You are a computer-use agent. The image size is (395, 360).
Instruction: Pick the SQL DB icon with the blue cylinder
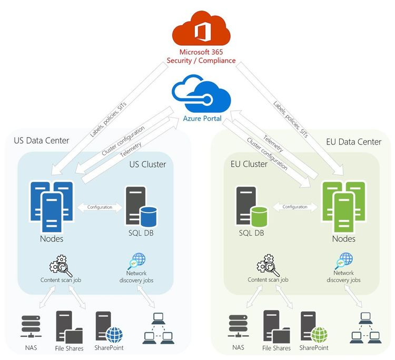tap(142, 207)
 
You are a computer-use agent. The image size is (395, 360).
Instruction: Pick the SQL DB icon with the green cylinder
tap(251, 207)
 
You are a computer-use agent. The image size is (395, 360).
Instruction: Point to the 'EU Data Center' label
tap(354, 141)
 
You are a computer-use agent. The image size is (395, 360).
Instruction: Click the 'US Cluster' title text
tap(147, 164)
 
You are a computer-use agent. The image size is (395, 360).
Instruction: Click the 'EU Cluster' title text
tap(249, 164)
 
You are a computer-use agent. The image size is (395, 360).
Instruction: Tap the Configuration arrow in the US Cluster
tap(100, 207)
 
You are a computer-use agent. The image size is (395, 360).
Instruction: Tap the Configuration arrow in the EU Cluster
tap(295, 207)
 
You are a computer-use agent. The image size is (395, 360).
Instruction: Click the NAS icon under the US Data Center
tap(32, 326)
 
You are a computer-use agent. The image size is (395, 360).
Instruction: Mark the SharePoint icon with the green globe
tap(313, 327)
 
